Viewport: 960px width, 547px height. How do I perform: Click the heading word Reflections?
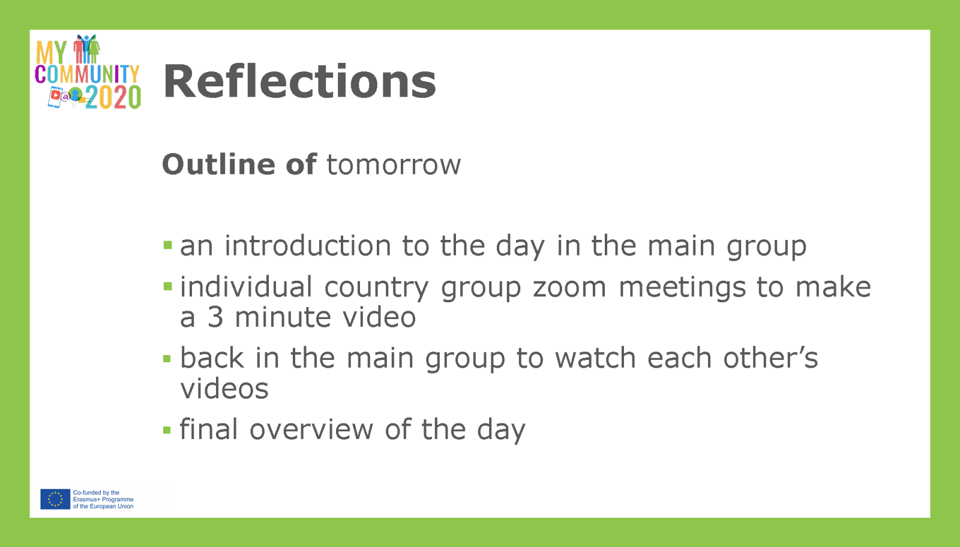point(299,81)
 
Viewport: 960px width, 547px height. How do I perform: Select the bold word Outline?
point(218,164)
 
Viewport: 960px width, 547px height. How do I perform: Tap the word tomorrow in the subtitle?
point(394,164)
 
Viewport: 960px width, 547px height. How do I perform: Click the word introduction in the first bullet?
point(308,245)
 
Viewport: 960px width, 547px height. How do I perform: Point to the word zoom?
point(569,287)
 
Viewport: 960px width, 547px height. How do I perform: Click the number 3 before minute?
point(215,317)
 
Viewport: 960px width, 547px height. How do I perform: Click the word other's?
point(770,357)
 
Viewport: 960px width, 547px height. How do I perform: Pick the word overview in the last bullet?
point(311,429)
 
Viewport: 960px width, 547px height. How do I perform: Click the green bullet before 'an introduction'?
point(167,245)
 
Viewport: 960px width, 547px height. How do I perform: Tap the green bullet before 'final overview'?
point(167,429)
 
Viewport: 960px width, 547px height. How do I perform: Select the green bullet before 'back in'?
point(167,359)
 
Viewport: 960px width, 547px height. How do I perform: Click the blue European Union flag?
point(55,499)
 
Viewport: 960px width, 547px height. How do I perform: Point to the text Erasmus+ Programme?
point(103,500)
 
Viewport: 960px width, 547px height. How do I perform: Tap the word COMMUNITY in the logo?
point(87,74)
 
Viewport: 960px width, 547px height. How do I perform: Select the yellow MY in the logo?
point(52,52)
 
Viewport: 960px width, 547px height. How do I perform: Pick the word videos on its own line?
point(224,389)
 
